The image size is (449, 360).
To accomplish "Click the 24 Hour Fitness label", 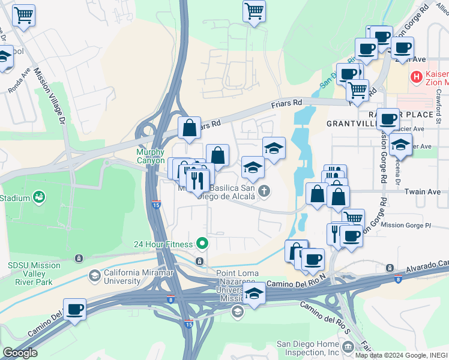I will coord(163,244).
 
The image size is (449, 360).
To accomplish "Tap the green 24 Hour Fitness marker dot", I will coord(202,244).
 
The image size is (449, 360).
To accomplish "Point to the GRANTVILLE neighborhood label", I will coord(352,124).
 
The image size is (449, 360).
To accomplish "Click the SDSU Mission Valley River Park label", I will coord(34,270).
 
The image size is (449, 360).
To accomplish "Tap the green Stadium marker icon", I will coord(40,197).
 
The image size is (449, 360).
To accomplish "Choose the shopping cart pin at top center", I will coord(255,11).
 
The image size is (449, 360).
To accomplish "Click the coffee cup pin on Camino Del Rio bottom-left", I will coord(74,310).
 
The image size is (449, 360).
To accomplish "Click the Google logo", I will coord(20,353).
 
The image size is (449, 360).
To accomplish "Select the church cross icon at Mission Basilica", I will coord(264,192).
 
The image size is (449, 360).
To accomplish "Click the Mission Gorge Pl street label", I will coord(406,226).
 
